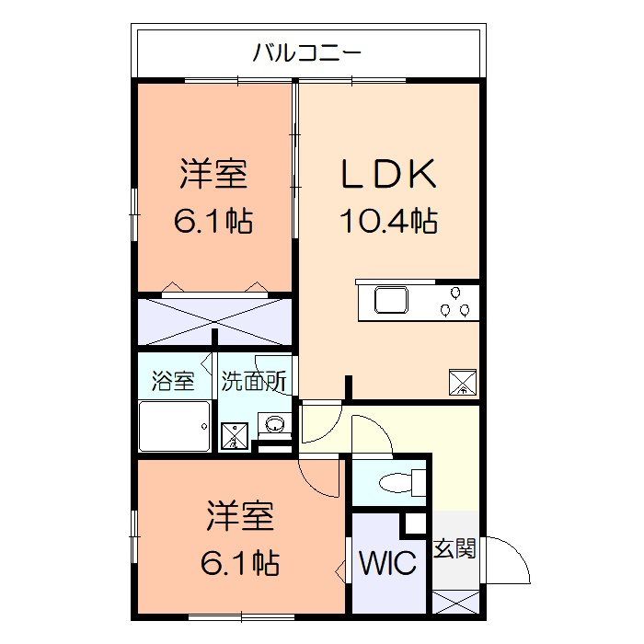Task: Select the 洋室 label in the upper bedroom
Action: (214, 174)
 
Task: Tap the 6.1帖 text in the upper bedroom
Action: (213, 221)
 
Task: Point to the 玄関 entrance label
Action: (454, 550)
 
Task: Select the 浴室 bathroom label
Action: (174, 381)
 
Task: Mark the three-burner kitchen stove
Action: (457, 302)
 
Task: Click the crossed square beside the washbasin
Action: (234, 435)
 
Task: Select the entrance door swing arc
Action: (511, 559)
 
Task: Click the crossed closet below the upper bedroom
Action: (214, 321)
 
